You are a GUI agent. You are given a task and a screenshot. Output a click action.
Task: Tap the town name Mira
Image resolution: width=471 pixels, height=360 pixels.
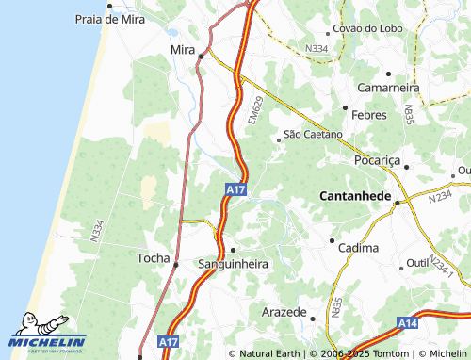click(182, 48)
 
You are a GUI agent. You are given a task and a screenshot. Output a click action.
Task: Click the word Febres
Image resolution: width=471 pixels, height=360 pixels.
click(368, 114)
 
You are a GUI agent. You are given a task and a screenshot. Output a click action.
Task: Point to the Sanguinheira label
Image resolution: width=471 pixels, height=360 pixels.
click(233, 265)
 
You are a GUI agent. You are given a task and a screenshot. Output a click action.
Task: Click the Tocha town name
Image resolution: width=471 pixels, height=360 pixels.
click(154, 257)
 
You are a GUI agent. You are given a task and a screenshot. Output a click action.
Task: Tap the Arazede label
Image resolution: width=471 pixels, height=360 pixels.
click(284, 311)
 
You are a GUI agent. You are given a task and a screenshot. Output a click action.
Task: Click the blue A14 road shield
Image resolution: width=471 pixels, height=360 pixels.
click(407, 323)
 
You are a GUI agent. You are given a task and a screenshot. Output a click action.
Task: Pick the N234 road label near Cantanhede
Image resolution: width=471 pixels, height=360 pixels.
click(440, 196)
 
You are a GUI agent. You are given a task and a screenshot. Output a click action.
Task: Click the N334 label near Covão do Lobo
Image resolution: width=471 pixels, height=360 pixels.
click(317, 48)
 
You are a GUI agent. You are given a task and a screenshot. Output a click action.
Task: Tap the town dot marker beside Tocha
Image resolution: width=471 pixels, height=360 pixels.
click(175, 265)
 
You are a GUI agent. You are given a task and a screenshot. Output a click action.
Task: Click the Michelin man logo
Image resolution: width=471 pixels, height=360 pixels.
click(42, 325)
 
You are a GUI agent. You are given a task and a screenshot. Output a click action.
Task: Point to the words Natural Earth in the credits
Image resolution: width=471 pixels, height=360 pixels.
click(271, 353)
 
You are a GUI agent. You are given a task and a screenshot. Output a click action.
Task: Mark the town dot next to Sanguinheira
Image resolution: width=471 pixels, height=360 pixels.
click(233, 250)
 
